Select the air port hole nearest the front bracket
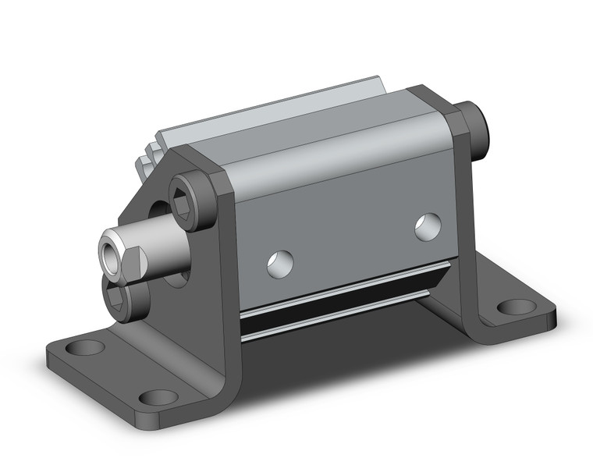[x=279, y=264]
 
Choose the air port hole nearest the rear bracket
[x=427, y=226]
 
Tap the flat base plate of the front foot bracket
[x=117, y=367]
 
